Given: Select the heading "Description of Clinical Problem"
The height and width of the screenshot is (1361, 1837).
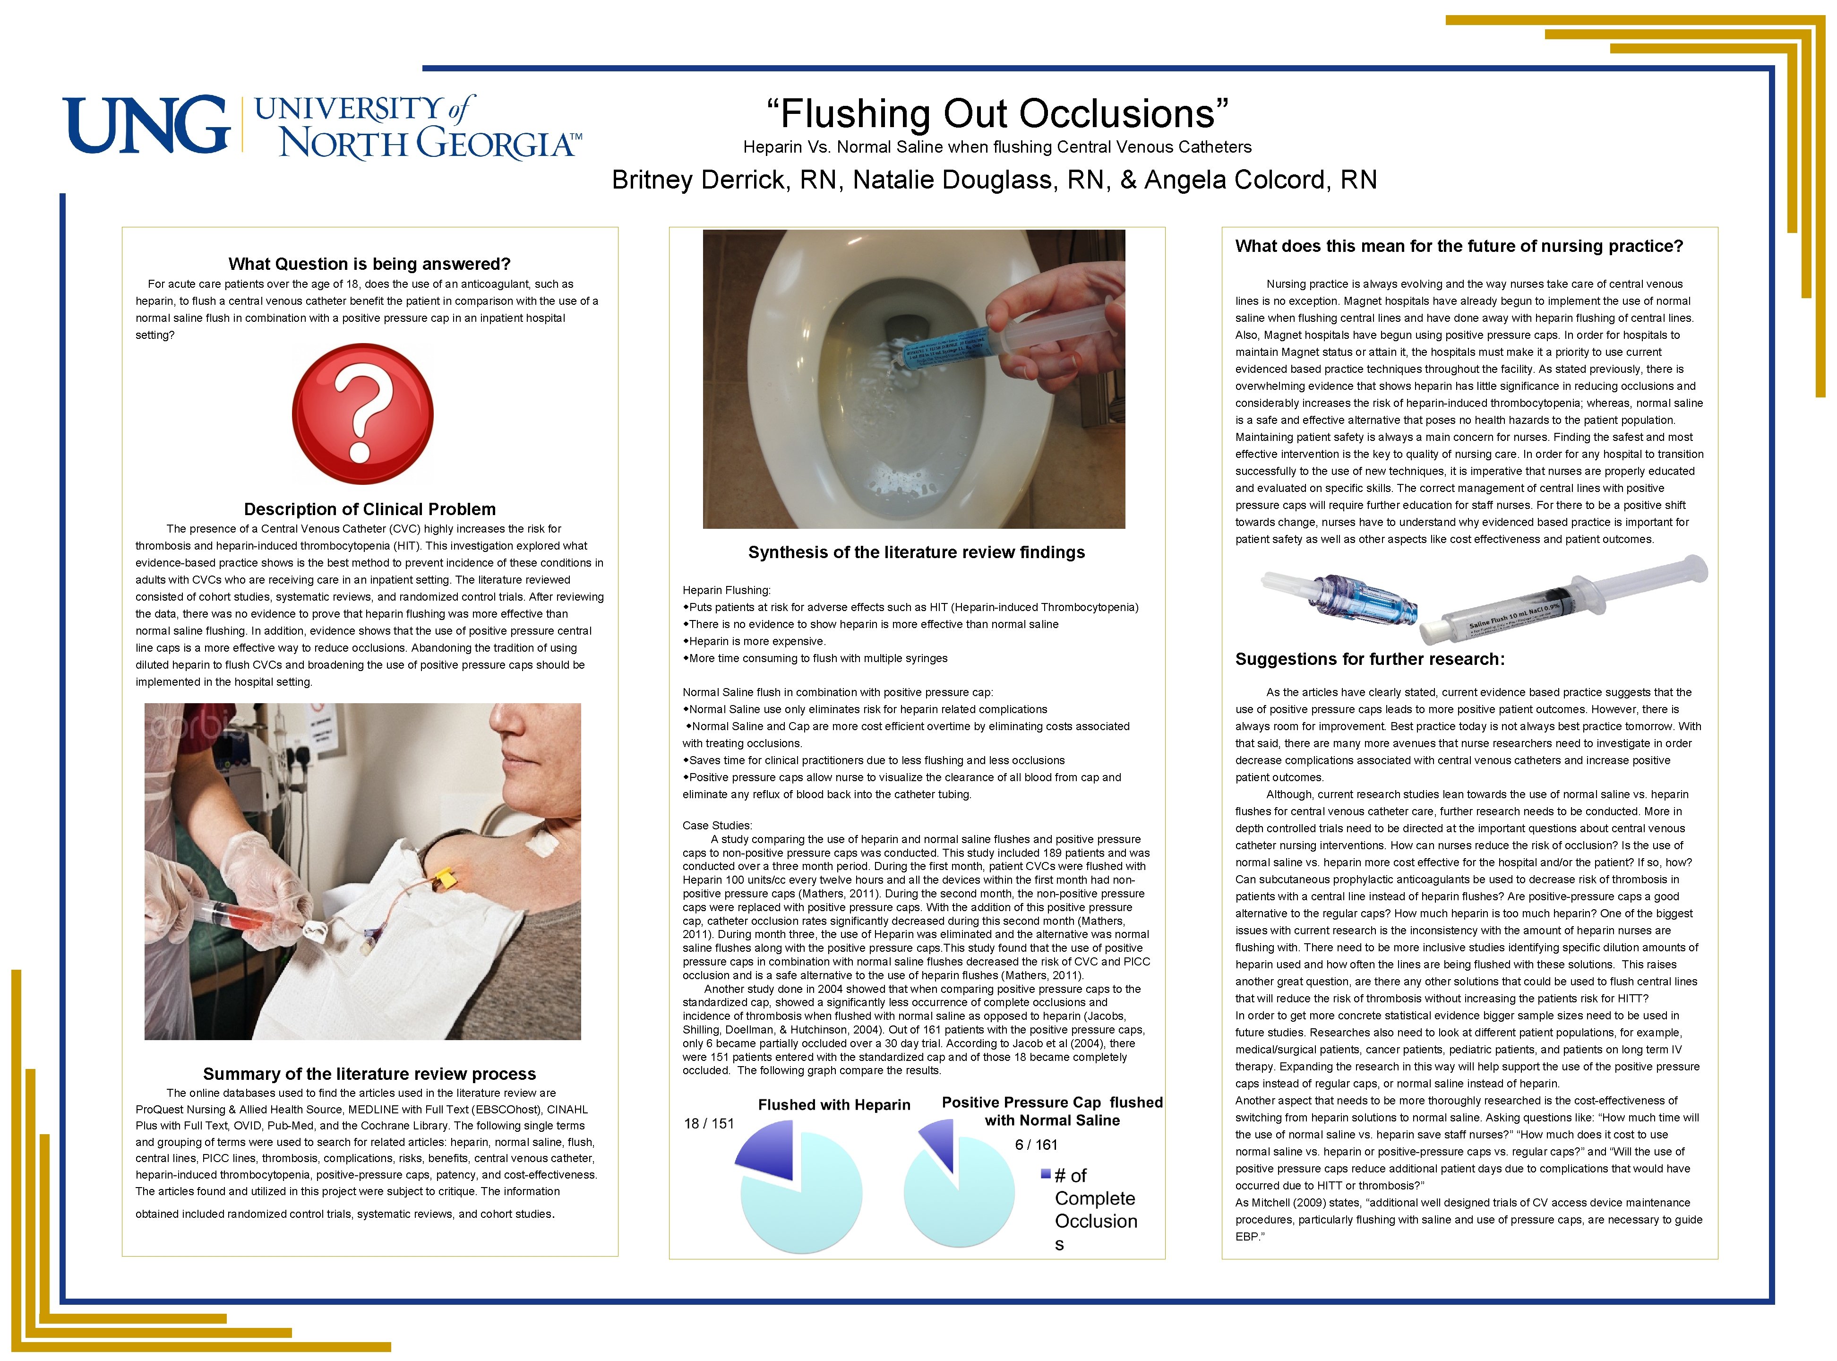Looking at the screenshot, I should pyautogui.click(x=370, y=509).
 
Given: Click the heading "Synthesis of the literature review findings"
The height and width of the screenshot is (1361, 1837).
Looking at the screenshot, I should pyautogui.click(x=916, y=552).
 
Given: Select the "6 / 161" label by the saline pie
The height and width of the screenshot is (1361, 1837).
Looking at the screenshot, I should pyautogui.click(x=1036, y=1145).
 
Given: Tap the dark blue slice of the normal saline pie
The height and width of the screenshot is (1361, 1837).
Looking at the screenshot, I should pyautogui.click(x=940, y=1142).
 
